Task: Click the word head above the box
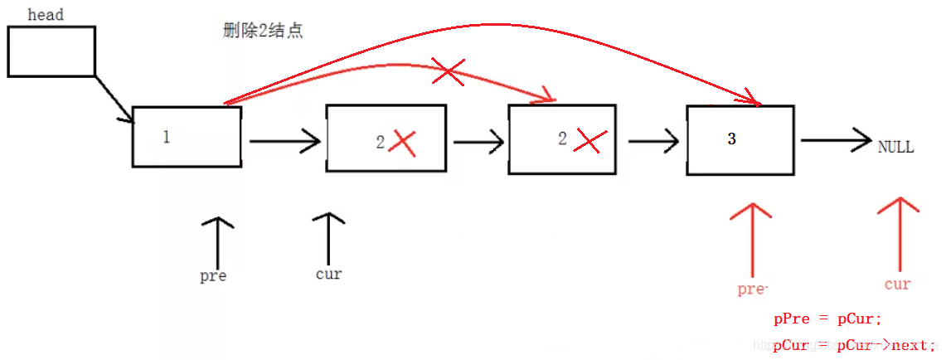pyautogui.click(x=46, y=14)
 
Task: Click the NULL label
pyautogui.click(x=896, y=146)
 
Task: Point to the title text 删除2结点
pyautogui.click(x=263, y=31)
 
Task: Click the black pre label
pyautogui.click(x=214, y=276)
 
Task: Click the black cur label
pyautogui.click(x=329, y=274)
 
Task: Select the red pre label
pyautogui.click(x=752, y=289)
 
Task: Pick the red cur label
pyautogui.click(x=898, y=285)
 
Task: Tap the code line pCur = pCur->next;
pyautogui.click(x=854, y=345)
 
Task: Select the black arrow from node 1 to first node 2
pyautogui.click(x=284, y=142)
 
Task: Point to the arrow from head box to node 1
pyautogui.click(x=114, y=99)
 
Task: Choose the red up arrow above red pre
pyautogui.click(x=750, y=241)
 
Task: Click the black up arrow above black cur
pyautogui.click(x=329, y=238)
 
